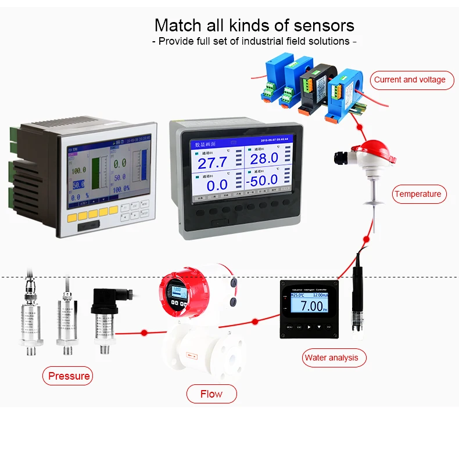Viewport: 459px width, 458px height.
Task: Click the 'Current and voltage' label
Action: [x=410, y=80]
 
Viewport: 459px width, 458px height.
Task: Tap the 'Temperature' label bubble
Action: [x=417, y=194]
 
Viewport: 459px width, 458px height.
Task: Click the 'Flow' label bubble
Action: [x=211, y=394]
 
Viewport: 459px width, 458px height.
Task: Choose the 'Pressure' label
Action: [x=69, y=376]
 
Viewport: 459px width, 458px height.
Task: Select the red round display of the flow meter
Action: [x=178, y=292]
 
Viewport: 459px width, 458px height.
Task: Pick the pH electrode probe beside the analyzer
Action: [x=356, y=302]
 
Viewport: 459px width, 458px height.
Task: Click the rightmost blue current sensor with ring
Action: [x=343, y=93]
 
